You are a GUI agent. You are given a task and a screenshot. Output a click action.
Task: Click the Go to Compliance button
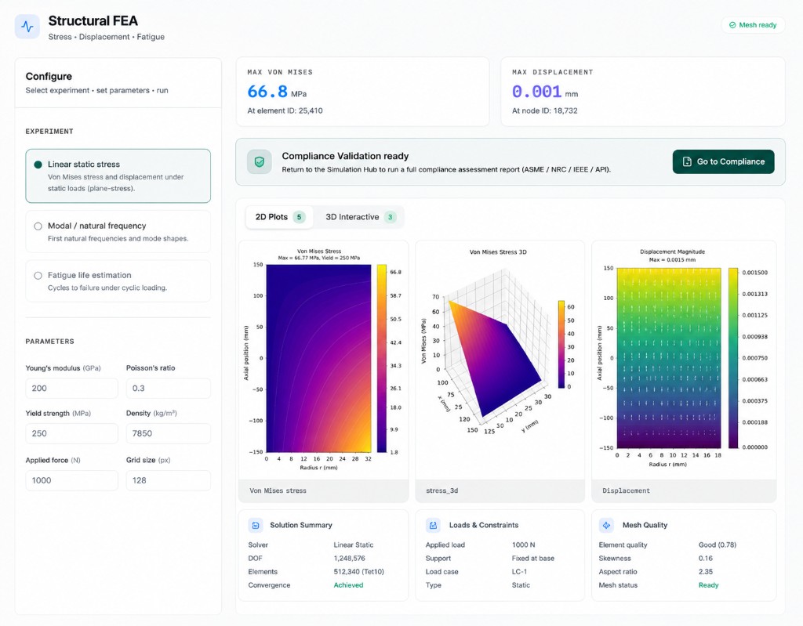click(723, 161)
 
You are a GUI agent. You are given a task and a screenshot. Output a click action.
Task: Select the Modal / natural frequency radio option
click(38, 226)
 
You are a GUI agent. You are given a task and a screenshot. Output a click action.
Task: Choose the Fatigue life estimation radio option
click(38, 275)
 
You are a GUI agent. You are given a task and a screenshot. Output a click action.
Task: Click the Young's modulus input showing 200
click(71, 389)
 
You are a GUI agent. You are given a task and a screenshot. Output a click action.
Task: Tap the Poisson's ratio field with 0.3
click(168, 389)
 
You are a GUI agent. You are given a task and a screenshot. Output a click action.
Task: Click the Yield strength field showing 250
click(71, 433)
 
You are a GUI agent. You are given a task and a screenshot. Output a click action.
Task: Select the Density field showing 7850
click(168, 433)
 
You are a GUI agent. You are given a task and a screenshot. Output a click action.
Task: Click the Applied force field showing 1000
click(71, 480)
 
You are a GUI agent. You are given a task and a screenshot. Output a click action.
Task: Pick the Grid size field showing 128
click(168, 480)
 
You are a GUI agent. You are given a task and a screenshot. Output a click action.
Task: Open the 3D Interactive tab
click(361, 217)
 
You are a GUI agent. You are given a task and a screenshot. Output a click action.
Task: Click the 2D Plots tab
click(280, 217)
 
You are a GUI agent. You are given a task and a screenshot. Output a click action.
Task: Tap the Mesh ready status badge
click(753, 25)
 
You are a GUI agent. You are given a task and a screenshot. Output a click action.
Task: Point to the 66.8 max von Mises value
click(267, 92)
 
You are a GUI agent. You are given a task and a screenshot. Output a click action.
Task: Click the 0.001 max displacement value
click(536, 92)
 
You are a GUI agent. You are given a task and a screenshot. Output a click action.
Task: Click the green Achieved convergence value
click(348, 585)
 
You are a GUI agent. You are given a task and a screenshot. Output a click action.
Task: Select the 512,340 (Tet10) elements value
click(358, 572)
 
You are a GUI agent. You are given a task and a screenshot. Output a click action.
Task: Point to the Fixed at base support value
click(532, 559)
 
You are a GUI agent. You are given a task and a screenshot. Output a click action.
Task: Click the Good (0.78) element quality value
click(717, 545)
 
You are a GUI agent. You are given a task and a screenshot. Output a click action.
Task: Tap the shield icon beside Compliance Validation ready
click(259, 161)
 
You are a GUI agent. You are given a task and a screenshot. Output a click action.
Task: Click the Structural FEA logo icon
click(27, 27)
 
